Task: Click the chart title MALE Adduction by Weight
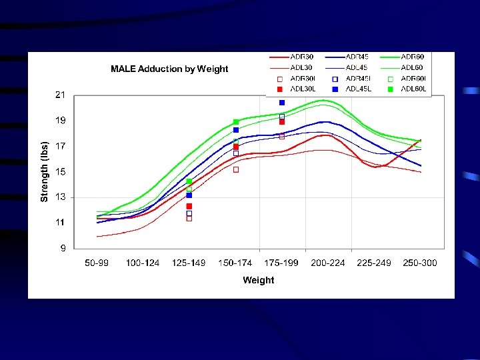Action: click(x=169, y=69)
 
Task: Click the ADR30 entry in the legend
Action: click(x=301, y=57)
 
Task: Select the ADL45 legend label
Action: click(x=357, y=68)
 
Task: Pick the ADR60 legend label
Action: click(x=413, y=57)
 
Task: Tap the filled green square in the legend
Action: click(x=391, y=89)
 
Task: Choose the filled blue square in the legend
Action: click(x=335, y=89)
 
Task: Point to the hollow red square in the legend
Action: click(x=280, y=79)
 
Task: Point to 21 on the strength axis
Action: click(x=60, y=95)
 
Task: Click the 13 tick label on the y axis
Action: click(x=60, y=197)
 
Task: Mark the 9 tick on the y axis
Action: click(x=63, y=249)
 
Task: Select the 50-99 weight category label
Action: click(x=97, y=263)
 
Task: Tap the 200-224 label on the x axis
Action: click(x=328, y=263)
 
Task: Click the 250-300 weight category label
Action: click(x=420, y=263)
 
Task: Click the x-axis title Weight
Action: click(x=258, y=280)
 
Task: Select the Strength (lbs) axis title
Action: click(x=45, y=171)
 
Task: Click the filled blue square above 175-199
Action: click(x=282, y=103)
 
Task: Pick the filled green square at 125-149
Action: click(x=189, y=181)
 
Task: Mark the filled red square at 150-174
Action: click(x=236, y=147)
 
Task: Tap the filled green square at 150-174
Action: click(x=236, y=122)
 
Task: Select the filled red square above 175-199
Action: click(x=282, y=122)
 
